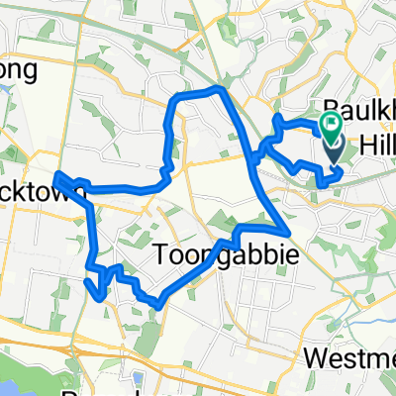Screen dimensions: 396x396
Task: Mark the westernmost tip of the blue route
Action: point(55,177)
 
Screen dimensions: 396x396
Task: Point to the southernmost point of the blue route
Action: point(158,307)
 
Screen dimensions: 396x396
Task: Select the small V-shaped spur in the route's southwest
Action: point(95,287)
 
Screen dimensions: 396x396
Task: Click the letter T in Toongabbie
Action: point(162,257)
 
